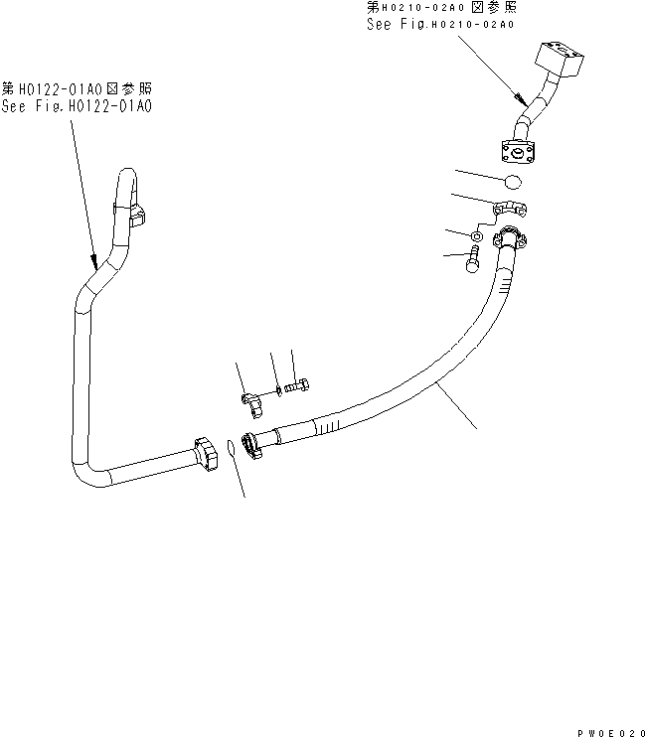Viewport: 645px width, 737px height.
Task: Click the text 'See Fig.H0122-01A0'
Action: point(78,105)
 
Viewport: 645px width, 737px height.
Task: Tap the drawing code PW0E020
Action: point(603,730)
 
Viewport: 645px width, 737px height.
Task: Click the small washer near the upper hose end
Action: point(479,237)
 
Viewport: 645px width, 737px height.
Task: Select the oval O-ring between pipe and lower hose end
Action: point(230,449)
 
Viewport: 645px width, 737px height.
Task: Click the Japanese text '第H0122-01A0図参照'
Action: point(78,88)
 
